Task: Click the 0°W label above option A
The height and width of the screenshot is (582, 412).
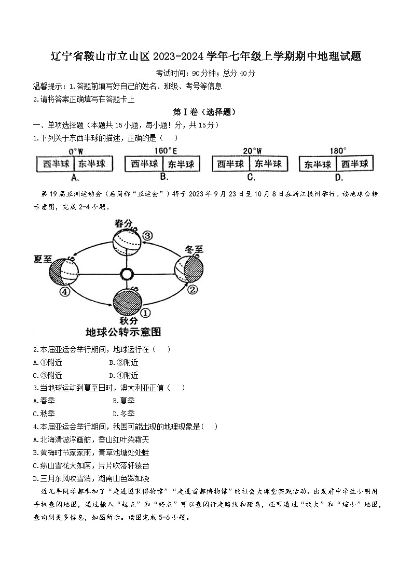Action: (x=76, y=151)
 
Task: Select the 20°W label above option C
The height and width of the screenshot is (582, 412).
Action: (x=253, y=151)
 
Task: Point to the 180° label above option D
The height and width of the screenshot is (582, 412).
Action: (x=338, y=151)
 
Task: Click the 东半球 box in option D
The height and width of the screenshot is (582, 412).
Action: (x=318, y=164)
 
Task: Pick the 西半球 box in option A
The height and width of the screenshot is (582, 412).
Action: (x=56, y=164)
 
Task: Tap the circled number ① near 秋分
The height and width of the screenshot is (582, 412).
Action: (x=146, y=313)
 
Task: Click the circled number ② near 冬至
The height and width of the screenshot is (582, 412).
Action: (x=193, y=290)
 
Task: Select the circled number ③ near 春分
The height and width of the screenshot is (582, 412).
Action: (x=148, y=235)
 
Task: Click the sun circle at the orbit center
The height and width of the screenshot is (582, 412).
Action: (x=126, y=273)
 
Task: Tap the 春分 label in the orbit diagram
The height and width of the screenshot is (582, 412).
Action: (x=125, y=224)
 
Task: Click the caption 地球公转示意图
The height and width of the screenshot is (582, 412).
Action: (x=123, y=331)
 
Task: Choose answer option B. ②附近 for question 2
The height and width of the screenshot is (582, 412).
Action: (x=123, y=362)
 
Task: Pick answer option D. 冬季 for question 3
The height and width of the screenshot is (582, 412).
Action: (x=123, y=413)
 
